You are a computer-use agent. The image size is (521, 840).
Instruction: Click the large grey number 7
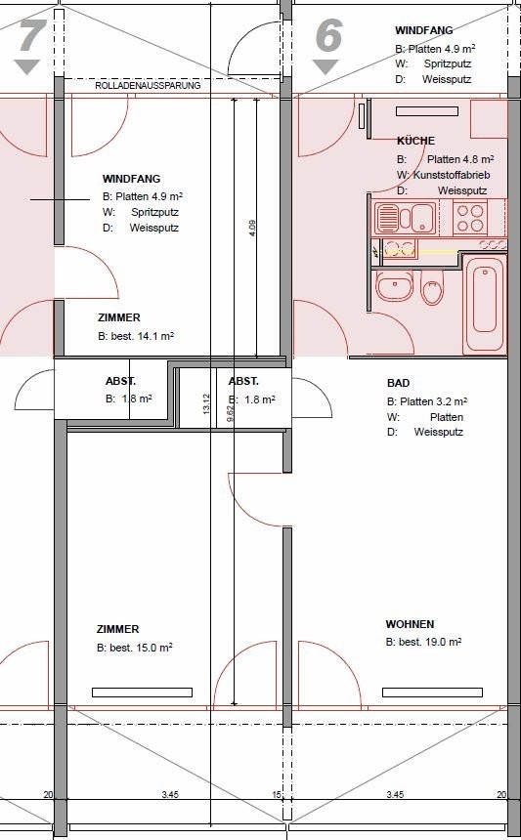click(x=29, y=37)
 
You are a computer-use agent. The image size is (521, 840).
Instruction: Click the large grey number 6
click(x=327, y=36)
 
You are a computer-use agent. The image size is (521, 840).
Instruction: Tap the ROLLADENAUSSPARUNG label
click(x=148, y=86)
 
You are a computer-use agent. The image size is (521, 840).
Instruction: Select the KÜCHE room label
click(x=416, y=141)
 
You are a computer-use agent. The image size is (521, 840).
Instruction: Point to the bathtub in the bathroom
click(x=485, y=304)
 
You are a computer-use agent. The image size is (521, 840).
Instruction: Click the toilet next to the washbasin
click(x=432, y=286)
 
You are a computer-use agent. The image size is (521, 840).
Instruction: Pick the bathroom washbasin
click(x=395, y=285)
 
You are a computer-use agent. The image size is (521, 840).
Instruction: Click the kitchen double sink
click(x=406, y=218)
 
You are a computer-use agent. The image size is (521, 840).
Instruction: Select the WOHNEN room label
click(x=410, y=624)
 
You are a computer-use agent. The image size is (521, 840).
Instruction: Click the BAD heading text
click(x=398, y=383)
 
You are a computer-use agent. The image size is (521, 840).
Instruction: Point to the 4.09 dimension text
click(x=252, y=229)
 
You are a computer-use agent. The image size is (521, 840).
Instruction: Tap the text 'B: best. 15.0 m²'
click(x=135, y=648)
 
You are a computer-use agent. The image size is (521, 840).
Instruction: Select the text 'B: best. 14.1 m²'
click(x=136, y=336)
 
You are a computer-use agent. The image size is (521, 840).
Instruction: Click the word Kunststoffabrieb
click(x=452, y=175)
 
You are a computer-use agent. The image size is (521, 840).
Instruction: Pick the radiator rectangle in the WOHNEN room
click(x=432, y=693)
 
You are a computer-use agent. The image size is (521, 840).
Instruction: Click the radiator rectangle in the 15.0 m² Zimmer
click(x=142, y=693)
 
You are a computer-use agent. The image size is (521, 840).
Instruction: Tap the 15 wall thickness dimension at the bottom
click(x=277, y=795)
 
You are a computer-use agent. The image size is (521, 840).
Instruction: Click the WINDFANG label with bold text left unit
click(x=131, y=179)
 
